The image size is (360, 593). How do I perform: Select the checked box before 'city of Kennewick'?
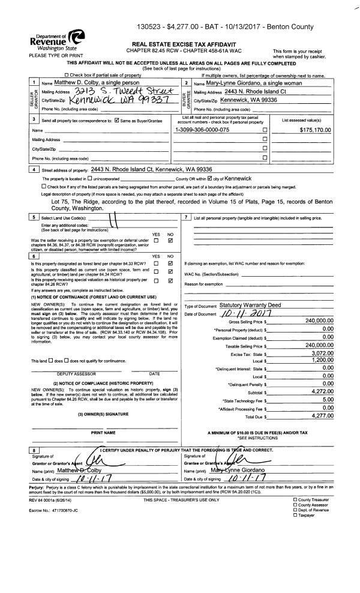point(209,178)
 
